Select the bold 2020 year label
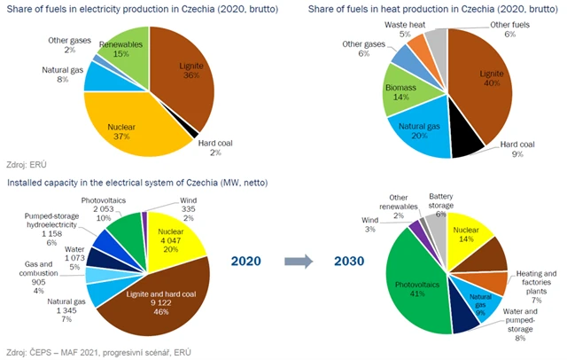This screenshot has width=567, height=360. pyautogui.click(x=247, y=262)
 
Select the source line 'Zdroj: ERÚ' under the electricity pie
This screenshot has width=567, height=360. pyautogui.click(x=27, y=165)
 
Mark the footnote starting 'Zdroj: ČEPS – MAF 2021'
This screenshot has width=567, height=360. pyautogui.click(x=97, y=353)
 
